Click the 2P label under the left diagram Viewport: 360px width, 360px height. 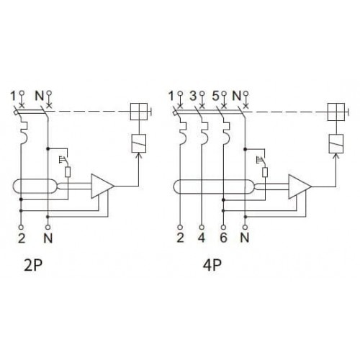[33, 265]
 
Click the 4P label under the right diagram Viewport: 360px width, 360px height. [212, 265]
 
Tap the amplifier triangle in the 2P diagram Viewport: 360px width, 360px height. [102, 186]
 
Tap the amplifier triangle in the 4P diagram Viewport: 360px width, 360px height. [300, 186]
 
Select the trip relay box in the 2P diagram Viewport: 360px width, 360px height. [139, 143]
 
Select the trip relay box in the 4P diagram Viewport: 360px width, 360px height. [336, 143]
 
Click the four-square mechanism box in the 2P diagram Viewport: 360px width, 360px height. [139, 112]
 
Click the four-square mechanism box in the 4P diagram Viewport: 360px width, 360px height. [336, 112]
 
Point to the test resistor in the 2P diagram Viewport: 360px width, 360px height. [68, 172]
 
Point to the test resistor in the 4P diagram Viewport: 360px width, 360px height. [265, 172]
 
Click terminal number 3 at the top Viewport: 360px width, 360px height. [193, 96]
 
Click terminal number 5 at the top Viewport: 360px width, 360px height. [215, 96]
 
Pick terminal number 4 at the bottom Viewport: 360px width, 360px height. [202, 238]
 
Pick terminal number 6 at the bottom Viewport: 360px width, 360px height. [223, 238]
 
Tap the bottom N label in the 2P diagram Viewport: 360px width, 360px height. [48, 238]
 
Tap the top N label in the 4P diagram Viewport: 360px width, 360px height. [237, 96]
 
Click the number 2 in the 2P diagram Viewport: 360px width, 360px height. [22, 238]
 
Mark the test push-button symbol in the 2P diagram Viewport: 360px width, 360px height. [63, 160]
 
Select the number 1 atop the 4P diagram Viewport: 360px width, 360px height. [171, 96]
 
